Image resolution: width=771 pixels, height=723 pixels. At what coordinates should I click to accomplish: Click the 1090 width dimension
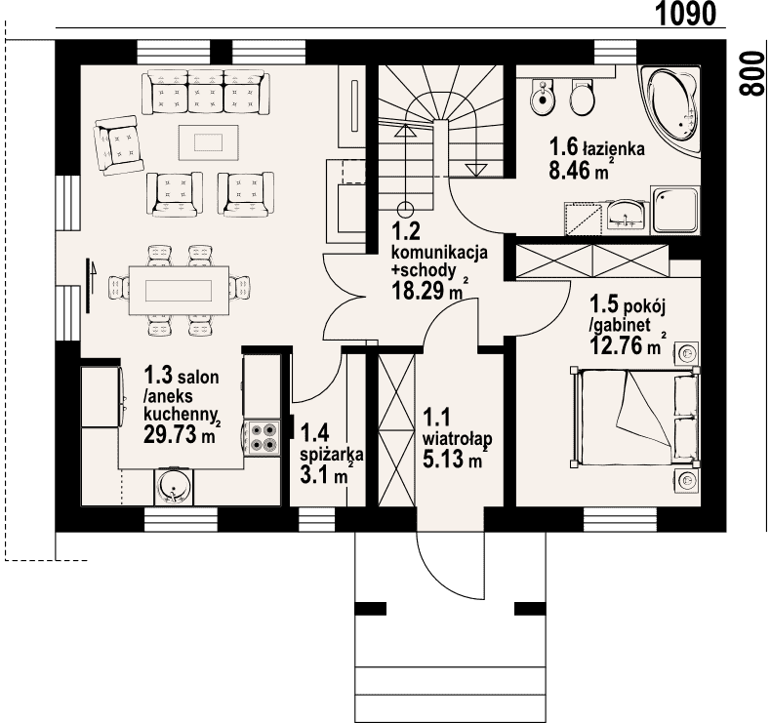[x=686, y=14]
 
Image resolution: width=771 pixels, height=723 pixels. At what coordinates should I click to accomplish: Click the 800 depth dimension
[x=752, y=73]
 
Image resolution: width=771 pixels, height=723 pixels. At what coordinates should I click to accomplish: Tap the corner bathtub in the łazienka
[x=670, y=110]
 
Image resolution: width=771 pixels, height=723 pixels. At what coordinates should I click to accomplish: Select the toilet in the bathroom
[x=583, y=98]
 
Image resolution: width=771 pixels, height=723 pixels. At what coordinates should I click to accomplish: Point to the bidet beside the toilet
[x=544, y=98]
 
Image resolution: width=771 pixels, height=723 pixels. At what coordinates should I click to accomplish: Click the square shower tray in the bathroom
[x=674, y=210]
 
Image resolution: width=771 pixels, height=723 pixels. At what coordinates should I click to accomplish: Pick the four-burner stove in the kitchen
[x=263, y=438]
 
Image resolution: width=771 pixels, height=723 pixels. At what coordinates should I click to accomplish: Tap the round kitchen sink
[x=174, y=487]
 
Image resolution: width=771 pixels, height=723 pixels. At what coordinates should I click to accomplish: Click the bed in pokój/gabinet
[x=635, y=417]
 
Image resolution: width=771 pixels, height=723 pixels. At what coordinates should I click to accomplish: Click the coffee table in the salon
[x=209, y=142]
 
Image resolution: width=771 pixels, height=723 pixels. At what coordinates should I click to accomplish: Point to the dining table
[x=179, y=290]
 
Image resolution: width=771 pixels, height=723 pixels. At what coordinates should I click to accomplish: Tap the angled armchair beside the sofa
[x=118, y=145]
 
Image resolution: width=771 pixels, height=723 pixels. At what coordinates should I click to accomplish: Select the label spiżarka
[x=332, y=454]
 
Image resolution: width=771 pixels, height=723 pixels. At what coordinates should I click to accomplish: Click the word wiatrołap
[x=458, y=437]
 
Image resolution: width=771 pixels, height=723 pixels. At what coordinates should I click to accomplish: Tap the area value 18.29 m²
[x=428, y=290]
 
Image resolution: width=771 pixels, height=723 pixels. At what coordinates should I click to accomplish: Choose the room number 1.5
[x=604, y=303]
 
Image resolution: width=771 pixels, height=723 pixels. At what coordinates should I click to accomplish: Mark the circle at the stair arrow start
[x=406, y=210]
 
